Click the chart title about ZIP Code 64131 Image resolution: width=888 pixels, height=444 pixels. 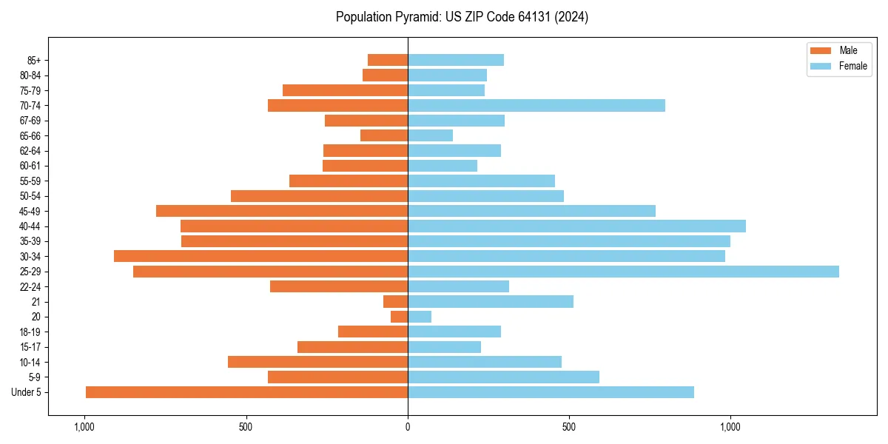[462, 17]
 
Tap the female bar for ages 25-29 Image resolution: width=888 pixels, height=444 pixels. [623, 272]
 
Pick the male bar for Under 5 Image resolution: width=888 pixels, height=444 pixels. [246, 392]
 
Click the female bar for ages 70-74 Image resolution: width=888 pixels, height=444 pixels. [536, 106]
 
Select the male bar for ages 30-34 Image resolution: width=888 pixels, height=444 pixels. [260, 256]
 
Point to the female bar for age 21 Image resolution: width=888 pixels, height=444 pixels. [491, 302]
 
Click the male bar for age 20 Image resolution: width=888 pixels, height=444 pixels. [399, 317]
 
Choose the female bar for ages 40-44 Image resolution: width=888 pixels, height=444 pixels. [576, 226]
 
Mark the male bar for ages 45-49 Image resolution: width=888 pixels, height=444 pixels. [282, 211]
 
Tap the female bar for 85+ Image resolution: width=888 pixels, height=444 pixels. [456, 60]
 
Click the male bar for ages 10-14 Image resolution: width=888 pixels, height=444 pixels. [317, 362]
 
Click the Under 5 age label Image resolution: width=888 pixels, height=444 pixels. [27, 392]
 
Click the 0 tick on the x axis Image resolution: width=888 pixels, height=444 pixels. [408, 427]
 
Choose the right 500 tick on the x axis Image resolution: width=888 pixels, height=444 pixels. [569, 427]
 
